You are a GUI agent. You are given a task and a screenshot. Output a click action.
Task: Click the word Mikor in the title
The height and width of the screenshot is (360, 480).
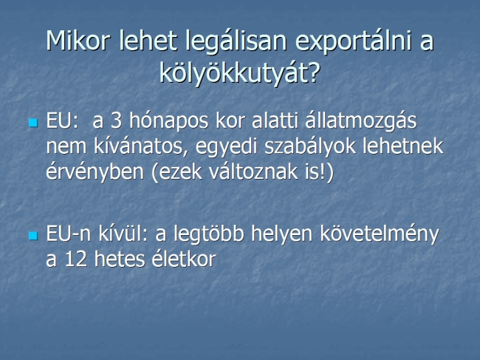(78, 41)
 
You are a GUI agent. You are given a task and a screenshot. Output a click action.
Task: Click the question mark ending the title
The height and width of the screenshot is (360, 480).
(313, 72)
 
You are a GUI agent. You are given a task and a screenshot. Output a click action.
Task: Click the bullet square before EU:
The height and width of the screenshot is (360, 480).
(33, 123)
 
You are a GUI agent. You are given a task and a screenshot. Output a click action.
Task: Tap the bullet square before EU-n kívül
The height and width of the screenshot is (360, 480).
(33, 236)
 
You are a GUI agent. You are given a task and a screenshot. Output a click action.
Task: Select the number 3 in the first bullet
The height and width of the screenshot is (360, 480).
(116, 120)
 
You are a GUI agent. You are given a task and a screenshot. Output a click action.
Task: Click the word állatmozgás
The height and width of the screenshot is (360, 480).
(360, 122)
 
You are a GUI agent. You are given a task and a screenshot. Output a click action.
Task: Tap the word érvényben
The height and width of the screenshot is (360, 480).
(95, 173)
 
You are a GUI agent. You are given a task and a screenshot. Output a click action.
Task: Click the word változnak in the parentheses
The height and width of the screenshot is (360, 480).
(253, 172)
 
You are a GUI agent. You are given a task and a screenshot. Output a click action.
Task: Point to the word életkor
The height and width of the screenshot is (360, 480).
(184, 258)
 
